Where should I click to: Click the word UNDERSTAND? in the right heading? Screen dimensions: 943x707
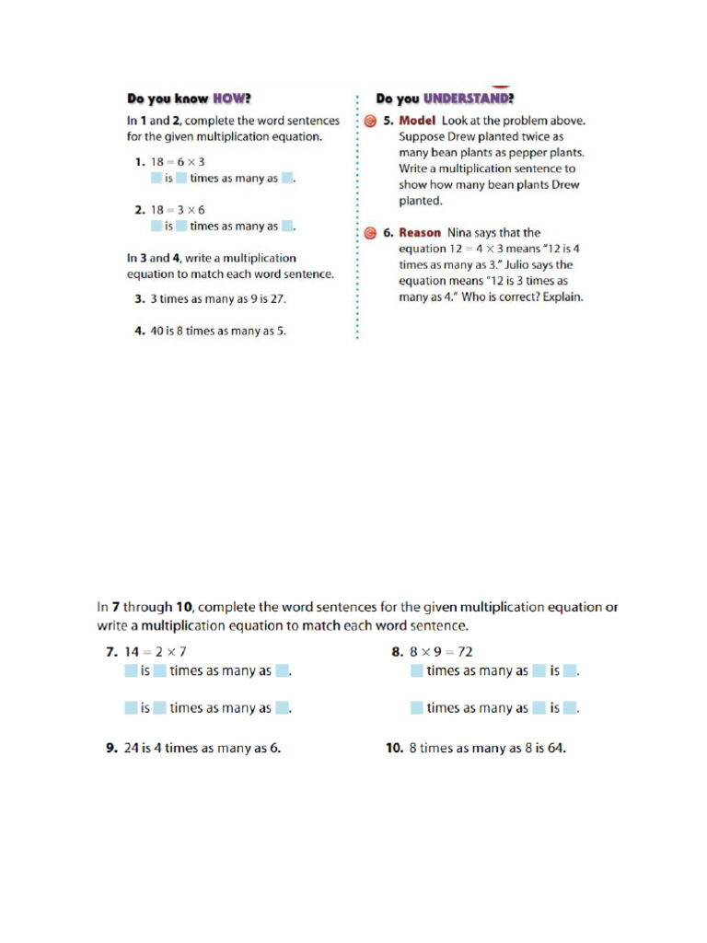point(468,99)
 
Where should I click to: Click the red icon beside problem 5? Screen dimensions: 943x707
point(369,122)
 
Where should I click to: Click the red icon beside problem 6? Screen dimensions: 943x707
point(369,234)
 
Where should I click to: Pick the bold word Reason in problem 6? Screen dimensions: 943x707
point(420,233)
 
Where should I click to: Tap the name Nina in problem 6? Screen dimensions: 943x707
point(463,233)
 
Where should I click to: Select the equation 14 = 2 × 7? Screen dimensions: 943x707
point(162,651)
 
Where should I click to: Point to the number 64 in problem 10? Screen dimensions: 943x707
point(555,748)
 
